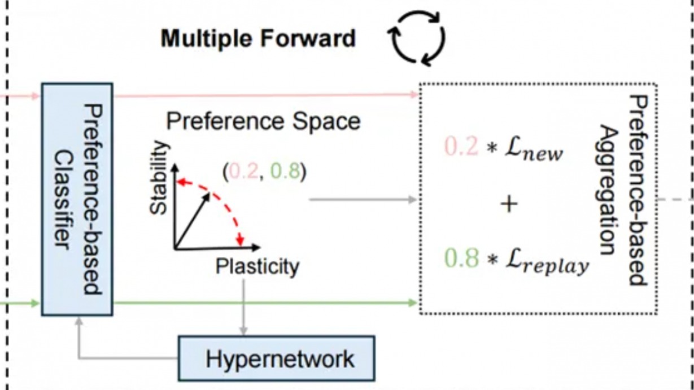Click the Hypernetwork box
click(277, 358)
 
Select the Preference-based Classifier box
click(77, 199)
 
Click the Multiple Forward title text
click(258, 39)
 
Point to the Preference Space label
click(263, 121)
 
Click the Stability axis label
click(160, 178)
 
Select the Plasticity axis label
click(257, 266)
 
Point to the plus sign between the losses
click(509, 204)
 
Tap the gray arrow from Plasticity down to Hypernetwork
click(243, 305)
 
